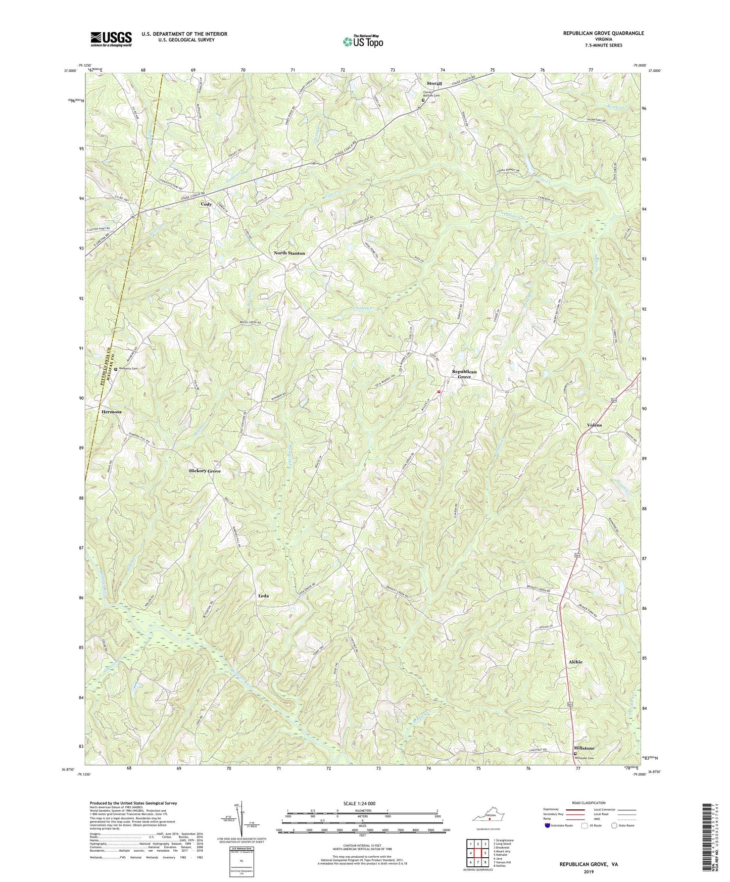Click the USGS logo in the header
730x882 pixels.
(x=111, y=39)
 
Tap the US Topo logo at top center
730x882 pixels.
(x=362, y=41)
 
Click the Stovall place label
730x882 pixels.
(x=434, y=83)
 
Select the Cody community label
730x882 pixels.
(x=206, y=204)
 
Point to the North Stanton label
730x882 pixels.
(x=289, y=253)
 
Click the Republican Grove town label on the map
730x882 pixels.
(x=464, y=374)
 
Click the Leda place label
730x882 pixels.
(x=263, y=596)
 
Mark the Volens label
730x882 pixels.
(x=594, y=425)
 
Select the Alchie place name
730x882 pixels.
(x=575, y=662)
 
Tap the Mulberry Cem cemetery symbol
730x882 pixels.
(x=116, y=369)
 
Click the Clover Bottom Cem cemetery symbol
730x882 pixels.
(x=423, y=101)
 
